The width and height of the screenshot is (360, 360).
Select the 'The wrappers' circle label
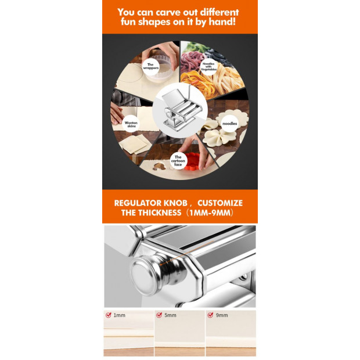[150, 66]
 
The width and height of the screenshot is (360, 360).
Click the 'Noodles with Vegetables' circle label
[208, 67]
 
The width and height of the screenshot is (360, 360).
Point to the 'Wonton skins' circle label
[131, 124]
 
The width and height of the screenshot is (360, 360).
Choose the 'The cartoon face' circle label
[178, 161]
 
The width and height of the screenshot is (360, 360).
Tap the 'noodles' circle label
[229, 124]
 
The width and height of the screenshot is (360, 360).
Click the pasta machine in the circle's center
[181, 110]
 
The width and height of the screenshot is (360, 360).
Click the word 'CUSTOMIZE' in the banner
[220, 203]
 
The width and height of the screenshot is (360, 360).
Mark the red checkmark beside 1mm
[109, 315]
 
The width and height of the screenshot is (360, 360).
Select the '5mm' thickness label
[170, 315]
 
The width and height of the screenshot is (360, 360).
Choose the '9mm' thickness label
[222, 315]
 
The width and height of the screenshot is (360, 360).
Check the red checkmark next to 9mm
[210, 315]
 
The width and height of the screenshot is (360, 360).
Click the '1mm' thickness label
[120, 315]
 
